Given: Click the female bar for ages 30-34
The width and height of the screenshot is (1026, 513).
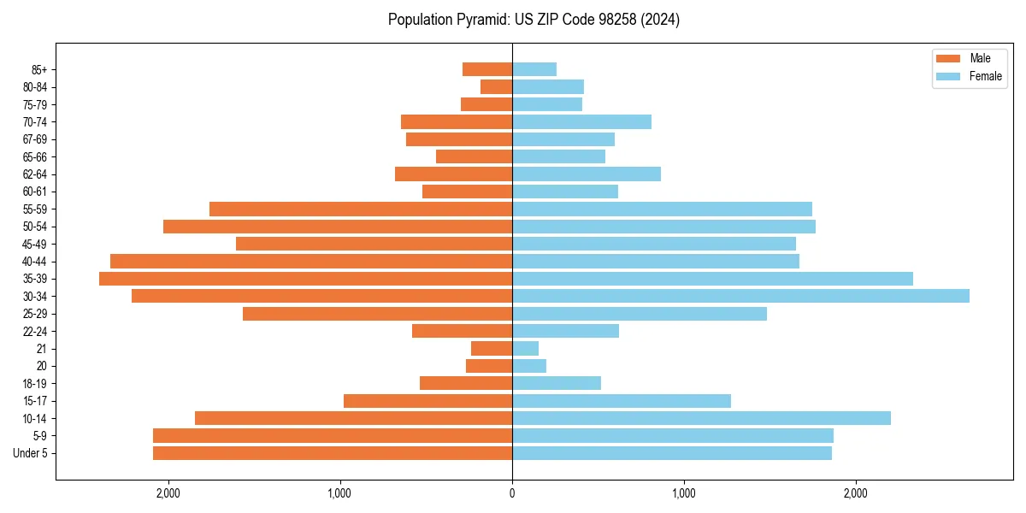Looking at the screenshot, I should [740, 296].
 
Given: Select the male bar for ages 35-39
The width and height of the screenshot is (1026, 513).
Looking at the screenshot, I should [305, 279].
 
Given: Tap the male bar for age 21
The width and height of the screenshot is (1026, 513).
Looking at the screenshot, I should [492, 348].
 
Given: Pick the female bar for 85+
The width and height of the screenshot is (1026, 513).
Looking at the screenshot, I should [534, 69].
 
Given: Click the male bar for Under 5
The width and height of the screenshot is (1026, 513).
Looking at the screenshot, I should [333, 453].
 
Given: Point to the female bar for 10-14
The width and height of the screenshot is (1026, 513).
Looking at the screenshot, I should [701, 418].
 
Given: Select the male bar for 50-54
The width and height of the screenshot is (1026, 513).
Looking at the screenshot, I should [338, 227].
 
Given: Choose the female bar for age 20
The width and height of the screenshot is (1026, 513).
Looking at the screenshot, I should [529, 366].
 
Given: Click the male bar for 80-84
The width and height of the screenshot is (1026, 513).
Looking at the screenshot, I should [497, 86].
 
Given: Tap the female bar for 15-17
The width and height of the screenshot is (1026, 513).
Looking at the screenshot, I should [622, 401].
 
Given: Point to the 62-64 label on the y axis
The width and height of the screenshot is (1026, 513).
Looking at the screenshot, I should [35, 174].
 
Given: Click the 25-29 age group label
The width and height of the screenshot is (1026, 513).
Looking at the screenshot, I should [35, 314].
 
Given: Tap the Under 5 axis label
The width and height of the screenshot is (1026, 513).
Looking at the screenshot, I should [31, 453].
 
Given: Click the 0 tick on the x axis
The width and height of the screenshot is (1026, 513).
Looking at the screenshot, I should [512, 493].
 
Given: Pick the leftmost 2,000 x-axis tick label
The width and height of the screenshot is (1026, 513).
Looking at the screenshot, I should [168, 493].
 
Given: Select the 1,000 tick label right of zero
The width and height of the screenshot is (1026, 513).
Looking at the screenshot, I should [683, 493].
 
